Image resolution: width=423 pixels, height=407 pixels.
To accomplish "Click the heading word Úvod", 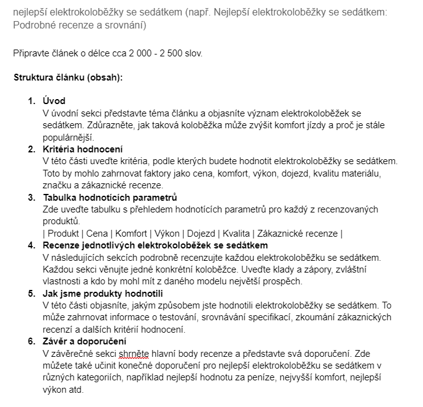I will (x=54, y=101).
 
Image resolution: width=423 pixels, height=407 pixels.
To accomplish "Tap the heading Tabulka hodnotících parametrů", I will (x=110, y=198).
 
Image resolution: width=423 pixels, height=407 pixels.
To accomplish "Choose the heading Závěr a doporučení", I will (x=85, y=342).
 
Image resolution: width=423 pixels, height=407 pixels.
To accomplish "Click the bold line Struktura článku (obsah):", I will (x=68, y=77).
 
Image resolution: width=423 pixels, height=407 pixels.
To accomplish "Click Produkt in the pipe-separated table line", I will (x=64, y=234).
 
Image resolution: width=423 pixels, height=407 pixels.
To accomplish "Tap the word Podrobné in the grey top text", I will (x=32, y=26).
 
